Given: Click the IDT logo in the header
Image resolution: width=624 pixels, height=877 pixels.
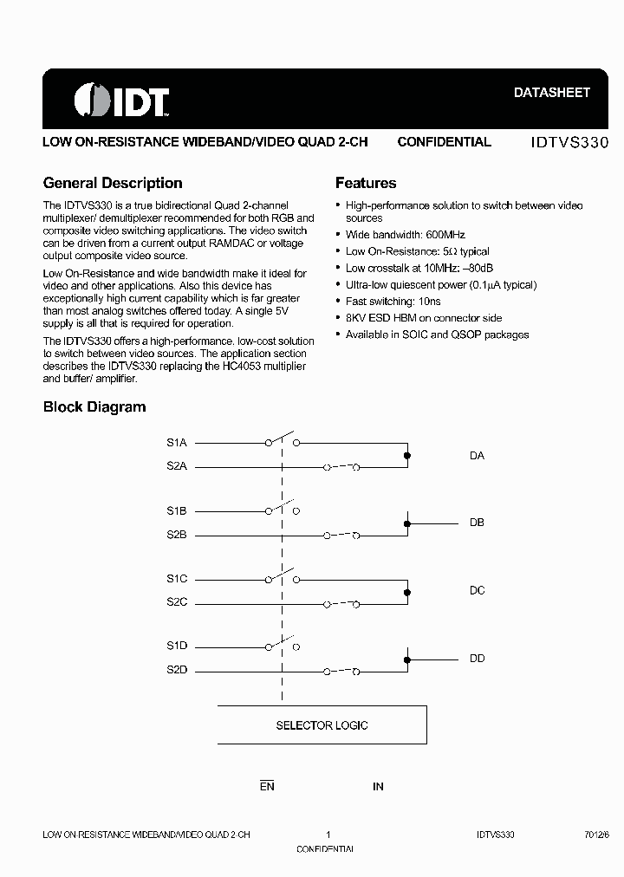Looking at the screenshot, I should [x=121, y=101].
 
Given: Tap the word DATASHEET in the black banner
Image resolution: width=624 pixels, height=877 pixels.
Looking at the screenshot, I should [x=552, y=92].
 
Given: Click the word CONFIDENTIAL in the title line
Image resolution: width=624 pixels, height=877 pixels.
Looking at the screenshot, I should [x=444, y=142].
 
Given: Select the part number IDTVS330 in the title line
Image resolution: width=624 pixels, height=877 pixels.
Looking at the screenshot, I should [x=569, y=142].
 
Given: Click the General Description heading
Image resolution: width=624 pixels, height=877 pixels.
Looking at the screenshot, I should [x=113, y=183].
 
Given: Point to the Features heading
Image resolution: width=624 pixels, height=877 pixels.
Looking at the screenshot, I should [x=366, y=183].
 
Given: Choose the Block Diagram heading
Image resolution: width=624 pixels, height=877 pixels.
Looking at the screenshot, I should [x=94, y=406].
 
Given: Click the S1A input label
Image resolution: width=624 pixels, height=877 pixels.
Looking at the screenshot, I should [x=177, y=442].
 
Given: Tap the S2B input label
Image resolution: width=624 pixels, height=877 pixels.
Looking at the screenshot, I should [x=177, y=535].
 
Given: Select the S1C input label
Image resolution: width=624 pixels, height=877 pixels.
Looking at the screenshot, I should [x=177, y=578].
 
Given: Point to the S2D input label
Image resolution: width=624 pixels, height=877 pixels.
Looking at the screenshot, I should [x=177, y=670].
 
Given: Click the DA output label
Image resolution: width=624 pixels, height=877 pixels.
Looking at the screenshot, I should [x=477, y=456].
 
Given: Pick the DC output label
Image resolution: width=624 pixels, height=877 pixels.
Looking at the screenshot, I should [x=477, y=591].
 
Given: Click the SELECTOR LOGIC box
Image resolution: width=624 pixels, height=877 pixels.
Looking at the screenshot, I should [x=322, y=725].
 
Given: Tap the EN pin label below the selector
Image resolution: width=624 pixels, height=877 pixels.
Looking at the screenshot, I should [x=267, y=787].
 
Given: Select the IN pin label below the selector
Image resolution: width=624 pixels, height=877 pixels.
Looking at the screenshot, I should [x=378, y=787].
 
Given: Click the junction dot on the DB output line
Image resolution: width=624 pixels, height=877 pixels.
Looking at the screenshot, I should [x=407, y=523].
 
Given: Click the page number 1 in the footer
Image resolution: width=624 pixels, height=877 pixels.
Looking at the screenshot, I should [x=328, y=835].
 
